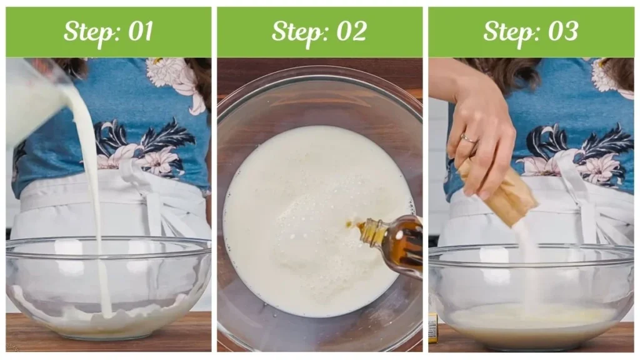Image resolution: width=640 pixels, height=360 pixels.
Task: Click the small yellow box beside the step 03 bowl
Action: pos(433,328)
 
